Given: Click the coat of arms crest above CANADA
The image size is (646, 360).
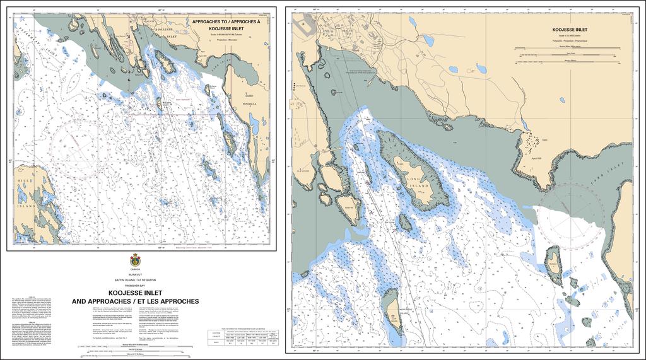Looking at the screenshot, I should click(x=135, y=260).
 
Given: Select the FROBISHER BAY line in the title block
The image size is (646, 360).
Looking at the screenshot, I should click(x=135, y=286).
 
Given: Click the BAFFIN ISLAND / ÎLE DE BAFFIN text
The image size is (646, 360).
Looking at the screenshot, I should click(x=135, y=279).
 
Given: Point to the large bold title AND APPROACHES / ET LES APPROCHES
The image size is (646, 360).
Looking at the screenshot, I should click(x=135, y=301).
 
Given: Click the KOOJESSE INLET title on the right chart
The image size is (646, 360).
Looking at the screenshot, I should click(x=570, y=30).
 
